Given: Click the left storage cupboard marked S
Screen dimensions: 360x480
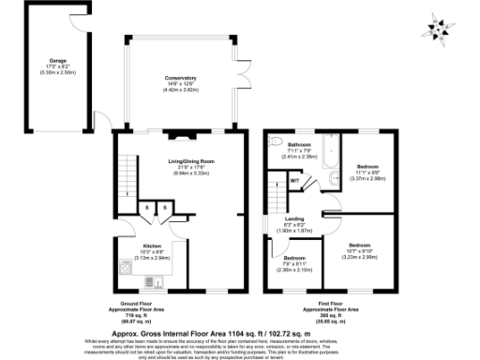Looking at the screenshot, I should click(x=139, y=209).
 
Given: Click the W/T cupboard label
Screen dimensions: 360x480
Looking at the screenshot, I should click(x=293, y=180).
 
